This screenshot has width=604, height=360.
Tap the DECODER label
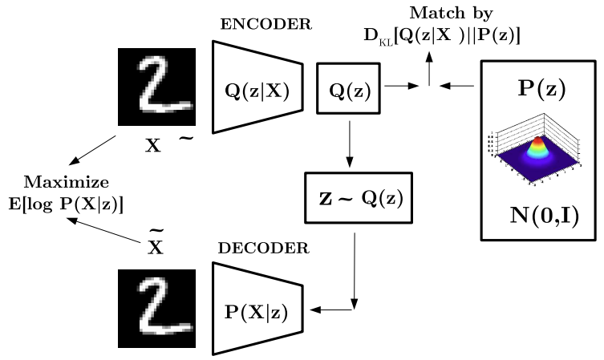tap(264, 249)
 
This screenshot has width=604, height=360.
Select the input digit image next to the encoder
tap(156, 87)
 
